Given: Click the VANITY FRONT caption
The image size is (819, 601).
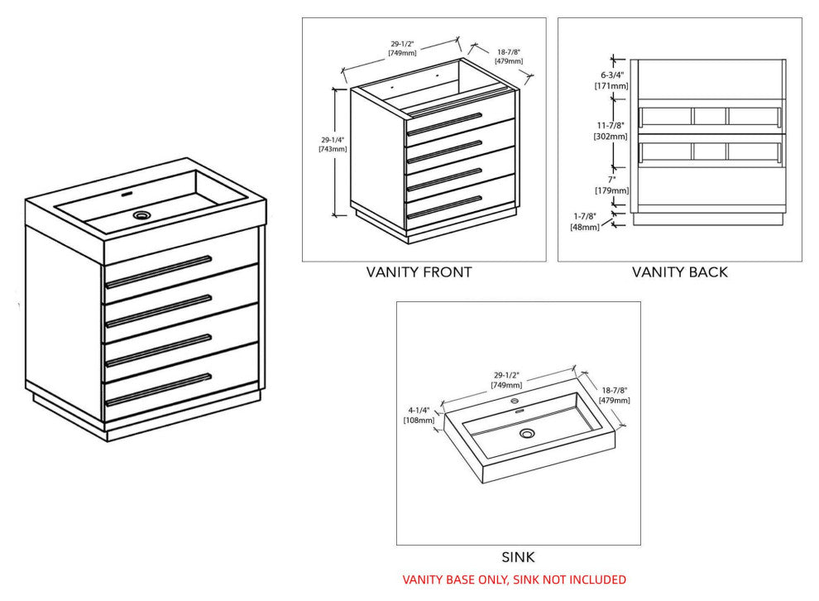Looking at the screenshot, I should click(x=419, y=272).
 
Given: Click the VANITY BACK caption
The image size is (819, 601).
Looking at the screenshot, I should click(x=680, y=272).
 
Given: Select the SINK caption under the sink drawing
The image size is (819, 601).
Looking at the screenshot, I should click(x=518, y=558).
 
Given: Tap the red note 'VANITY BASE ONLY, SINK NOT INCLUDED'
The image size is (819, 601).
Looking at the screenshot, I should click(x=514, y=579).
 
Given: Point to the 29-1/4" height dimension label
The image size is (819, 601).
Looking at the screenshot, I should click(x=333, y=144).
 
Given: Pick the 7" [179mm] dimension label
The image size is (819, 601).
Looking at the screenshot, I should click(x=613, y=185).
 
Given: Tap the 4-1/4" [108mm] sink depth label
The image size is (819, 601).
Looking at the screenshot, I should click(x=419, y=415).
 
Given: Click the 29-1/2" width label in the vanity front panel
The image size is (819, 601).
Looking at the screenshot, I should click(x=402, y=48).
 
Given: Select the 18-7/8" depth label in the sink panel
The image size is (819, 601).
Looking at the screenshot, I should click(x=615, y=395).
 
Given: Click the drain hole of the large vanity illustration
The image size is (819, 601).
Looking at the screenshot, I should click(x=143, y=214).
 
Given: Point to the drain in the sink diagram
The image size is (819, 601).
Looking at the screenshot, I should click(x=528, y=434).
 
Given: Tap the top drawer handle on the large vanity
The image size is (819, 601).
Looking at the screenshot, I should click(x=159, y=271).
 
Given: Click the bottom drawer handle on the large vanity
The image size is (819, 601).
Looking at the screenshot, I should click(x=159, y=389).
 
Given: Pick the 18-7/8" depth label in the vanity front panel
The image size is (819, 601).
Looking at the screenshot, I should click(x=508, y=56).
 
